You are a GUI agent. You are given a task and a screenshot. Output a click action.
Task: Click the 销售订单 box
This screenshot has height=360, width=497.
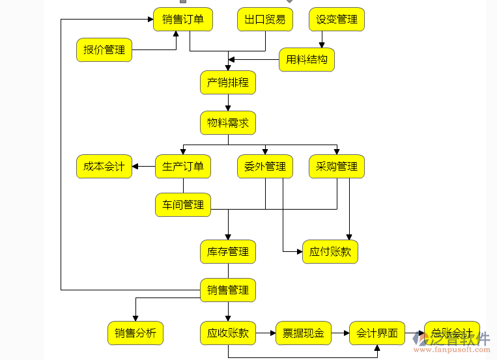click(183, 20)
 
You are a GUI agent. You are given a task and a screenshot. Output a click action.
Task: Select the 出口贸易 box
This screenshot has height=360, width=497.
click(265, 20)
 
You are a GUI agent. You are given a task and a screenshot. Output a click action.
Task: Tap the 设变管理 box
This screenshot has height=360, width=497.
click(337, 20)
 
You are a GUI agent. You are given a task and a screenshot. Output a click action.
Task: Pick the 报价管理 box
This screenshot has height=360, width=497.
click(104, 49)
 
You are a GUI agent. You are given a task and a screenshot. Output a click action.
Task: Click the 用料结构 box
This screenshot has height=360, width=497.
click(307, 61)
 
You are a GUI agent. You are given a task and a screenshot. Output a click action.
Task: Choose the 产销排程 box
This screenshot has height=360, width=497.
click(228, 83)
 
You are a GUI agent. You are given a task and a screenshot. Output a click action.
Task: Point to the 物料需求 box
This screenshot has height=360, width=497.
click(228, 123)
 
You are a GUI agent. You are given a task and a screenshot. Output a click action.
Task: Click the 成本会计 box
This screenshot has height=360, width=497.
click(104, 167)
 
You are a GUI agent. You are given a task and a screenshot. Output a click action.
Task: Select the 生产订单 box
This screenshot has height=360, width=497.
click(183, 167)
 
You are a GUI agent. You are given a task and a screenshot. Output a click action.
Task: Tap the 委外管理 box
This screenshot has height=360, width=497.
click(265, 167)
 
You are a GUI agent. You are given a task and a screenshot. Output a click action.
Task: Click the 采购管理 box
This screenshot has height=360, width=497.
click(337, 167)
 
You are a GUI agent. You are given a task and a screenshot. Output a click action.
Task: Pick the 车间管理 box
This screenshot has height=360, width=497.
click(183, 204)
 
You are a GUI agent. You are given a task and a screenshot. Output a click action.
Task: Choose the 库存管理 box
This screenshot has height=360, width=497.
click(228, 251)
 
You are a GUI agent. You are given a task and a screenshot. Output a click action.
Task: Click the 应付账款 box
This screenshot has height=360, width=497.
click(330, 251)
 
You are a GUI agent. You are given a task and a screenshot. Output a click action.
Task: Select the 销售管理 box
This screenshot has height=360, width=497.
click(228, 290)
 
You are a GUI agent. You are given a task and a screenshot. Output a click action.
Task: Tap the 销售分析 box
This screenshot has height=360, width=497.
click(135, 333)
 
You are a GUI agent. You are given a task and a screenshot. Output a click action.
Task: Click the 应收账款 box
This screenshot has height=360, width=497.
click(228, 333)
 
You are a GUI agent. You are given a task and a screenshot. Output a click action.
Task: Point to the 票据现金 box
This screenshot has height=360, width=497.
click(304, 333)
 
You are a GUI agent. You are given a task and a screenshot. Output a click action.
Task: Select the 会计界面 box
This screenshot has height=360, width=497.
click(377, 333)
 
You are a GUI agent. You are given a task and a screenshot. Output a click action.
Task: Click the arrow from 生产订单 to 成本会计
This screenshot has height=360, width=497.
click(144, 167)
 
